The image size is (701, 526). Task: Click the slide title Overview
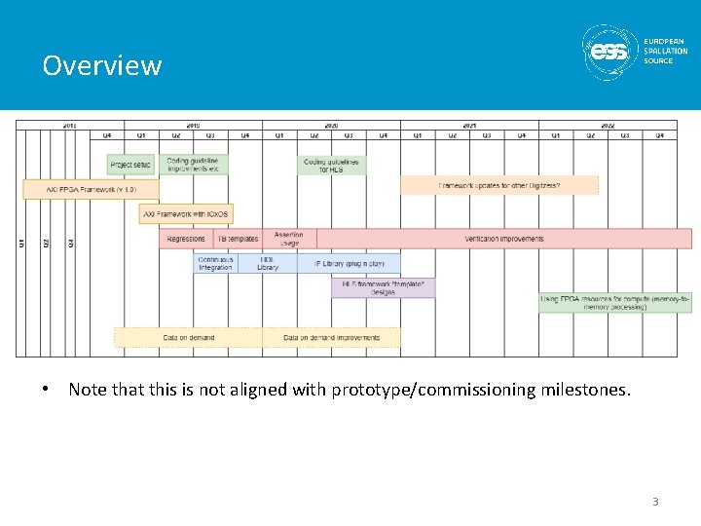[101, 65]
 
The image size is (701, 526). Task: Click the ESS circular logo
[610, 51]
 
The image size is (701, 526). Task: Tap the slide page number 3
[655, 502]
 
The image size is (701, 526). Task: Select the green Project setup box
[130, 165]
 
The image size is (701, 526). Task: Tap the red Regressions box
[186, 239]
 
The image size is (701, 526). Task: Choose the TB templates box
[238, 239]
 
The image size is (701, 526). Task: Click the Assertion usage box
[288, 239]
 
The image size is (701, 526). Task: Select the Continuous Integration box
[215, 264]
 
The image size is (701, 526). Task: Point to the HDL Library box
[268, 264]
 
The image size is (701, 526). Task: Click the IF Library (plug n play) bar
[349, 264]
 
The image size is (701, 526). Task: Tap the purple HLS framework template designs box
[383, 288]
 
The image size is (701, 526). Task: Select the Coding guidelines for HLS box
[331, 165]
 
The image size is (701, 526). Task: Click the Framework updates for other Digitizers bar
[498, 185]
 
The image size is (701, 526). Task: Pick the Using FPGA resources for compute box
[614, 302]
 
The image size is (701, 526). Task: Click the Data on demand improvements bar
[331, 338]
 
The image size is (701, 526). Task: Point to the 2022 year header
[607, 125]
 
